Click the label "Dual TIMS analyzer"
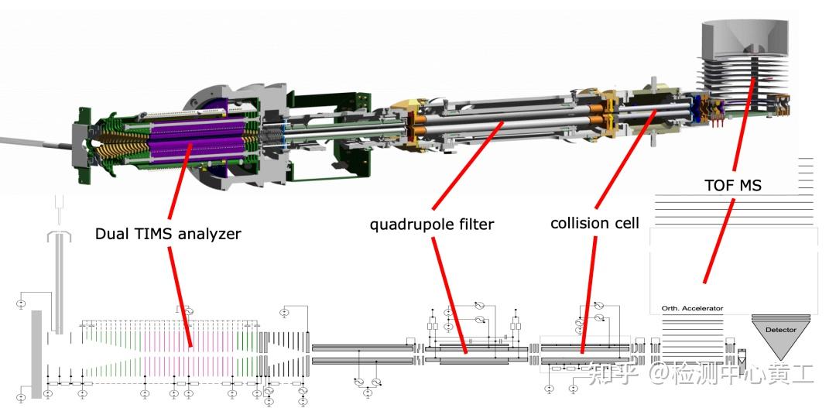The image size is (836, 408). (168, 234)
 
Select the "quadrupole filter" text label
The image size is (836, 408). (432, 224)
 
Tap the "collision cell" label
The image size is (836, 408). (594, 222)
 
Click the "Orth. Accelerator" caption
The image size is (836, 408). (693, 308)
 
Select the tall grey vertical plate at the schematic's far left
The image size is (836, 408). (36, 354)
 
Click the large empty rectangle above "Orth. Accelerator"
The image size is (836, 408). (733, 271)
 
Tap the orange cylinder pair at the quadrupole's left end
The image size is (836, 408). (419, 122)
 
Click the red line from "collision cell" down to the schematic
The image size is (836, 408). (589, 295)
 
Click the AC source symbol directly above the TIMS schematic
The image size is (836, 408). (187, 311)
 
